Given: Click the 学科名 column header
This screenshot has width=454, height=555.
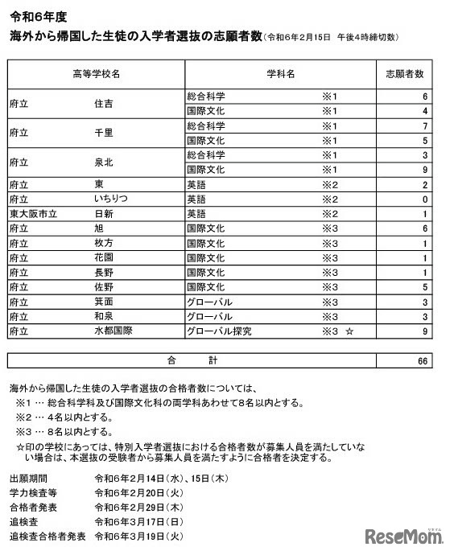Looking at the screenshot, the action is pos(280,74).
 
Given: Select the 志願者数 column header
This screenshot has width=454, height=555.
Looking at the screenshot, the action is pos(404,74).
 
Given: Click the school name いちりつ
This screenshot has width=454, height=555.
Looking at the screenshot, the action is pos(109,199).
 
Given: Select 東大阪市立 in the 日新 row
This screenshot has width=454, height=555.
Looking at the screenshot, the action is pos(30,213).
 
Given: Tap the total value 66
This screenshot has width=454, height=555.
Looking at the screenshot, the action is pos(422,360).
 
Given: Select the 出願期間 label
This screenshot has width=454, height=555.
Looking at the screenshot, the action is pos(29,478).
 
